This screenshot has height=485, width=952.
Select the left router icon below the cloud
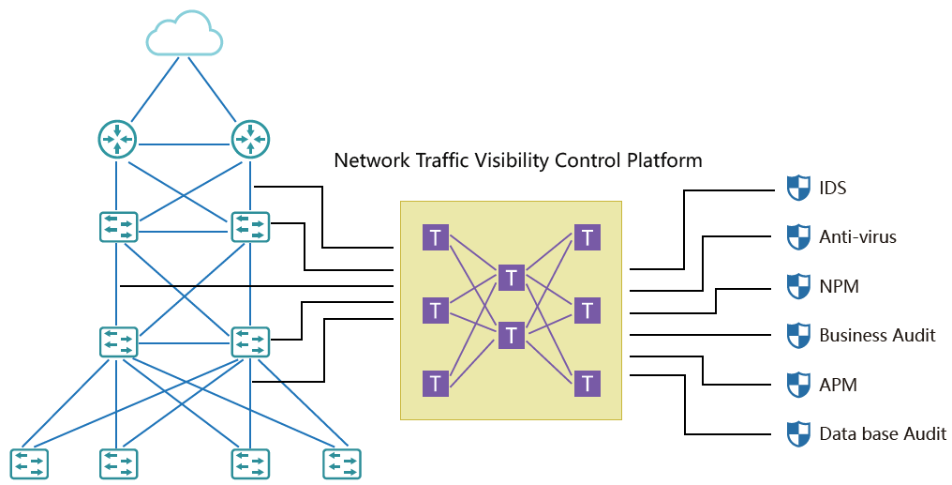(117, 139)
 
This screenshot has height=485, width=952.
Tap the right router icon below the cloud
(250, 139)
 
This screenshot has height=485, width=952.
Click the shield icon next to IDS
(797, 188)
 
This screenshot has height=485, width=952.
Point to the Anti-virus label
(857, 237)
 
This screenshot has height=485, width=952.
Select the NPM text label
(839, 286)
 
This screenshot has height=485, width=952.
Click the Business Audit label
(877, 335)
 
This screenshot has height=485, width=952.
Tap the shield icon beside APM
(797, 385)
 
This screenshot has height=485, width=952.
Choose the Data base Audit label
(883, 433)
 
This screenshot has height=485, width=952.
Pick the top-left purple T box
(435, 237)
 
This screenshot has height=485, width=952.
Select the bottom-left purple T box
(435, 383)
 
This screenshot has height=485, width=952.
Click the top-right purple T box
(587, 237)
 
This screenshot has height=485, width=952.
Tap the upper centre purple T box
(511, 277)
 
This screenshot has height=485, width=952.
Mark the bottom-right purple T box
(587, 383)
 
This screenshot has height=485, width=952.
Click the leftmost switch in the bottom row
(29, 463)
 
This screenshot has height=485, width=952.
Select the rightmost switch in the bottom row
(342, 463)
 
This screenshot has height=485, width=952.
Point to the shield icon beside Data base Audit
(797, 433)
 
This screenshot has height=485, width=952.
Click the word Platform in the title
(666, 160)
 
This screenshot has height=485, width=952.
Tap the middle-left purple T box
(435, 310)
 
